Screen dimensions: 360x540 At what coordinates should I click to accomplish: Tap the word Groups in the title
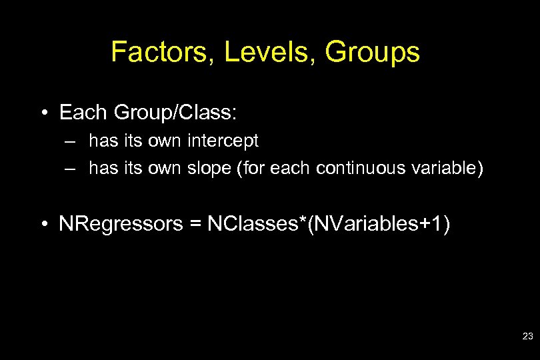(373, 52)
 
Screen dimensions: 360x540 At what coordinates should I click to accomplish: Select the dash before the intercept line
(70, 142)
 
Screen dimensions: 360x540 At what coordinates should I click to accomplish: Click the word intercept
(225, 141)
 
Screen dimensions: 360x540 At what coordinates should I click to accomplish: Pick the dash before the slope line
(70, 169)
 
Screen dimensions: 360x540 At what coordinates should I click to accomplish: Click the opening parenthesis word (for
(250, 169)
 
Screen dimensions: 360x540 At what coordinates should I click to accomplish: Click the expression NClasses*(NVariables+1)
(329, 224)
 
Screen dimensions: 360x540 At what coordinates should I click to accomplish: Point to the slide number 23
(527, 337)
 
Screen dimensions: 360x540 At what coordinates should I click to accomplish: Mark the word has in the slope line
(102, 169)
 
